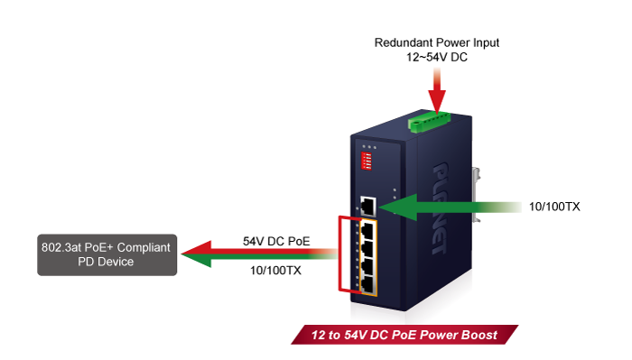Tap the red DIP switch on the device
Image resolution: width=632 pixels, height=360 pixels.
coord(367,160)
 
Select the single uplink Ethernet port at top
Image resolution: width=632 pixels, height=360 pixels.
coord(369,205)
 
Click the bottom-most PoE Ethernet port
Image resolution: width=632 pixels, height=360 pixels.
coord(369,282)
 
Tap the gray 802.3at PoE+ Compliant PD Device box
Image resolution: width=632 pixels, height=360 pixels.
coord(107,254)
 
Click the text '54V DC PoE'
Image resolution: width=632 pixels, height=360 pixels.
coord(274,241)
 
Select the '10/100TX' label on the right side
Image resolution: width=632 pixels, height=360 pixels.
coord(553,207)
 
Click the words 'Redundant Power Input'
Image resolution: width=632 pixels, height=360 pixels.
coord(437,42)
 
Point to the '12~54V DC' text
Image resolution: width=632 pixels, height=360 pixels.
coord(437,57)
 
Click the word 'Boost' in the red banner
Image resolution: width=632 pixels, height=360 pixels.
coord(479,335)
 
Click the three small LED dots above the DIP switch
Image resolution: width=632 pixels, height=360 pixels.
coord(367,145)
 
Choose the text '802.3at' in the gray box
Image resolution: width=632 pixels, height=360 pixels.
coord(62,246)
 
